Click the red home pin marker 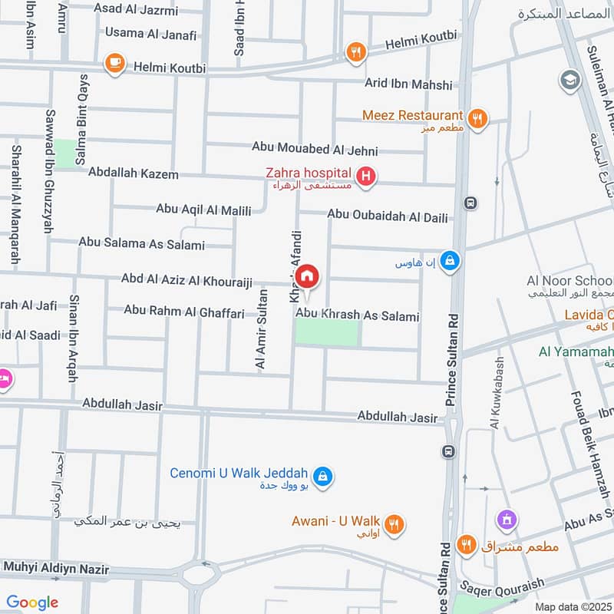[x=307, y=277]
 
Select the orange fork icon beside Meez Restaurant [x=477, y=118]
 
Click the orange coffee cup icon [x=115, y=64]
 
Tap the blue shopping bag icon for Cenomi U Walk [x=323, y=477]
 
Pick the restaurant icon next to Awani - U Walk [x=394, y=524]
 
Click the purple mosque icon [x=505, y=520]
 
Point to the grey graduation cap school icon [x=569, y=80]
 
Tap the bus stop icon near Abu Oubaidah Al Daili [x=470, y=203]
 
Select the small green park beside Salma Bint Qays [x=65, y=153]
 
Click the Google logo [x=32, y=602]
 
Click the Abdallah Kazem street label [x=133, y=174]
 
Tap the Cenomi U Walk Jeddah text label [x=239, y=473]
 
